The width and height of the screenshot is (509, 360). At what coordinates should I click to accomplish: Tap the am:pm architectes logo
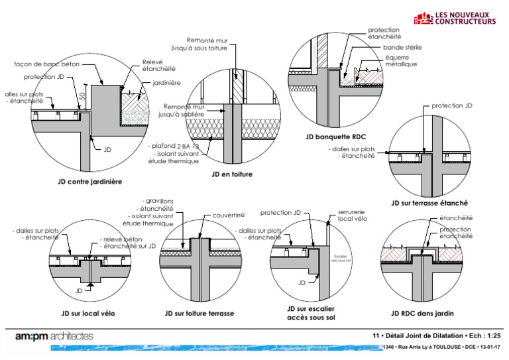click(55, 337)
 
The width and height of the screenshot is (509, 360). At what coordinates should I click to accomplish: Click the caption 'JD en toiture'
click(231, 174)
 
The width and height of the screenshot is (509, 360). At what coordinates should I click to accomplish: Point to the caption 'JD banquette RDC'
click(337, 137)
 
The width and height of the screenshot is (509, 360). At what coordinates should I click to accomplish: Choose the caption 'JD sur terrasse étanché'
click(429, 203)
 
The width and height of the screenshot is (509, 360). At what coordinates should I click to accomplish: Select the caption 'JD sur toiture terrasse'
click(199, 313)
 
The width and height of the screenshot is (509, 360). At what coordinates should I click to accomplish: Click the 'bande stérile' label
click(402, 48)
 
